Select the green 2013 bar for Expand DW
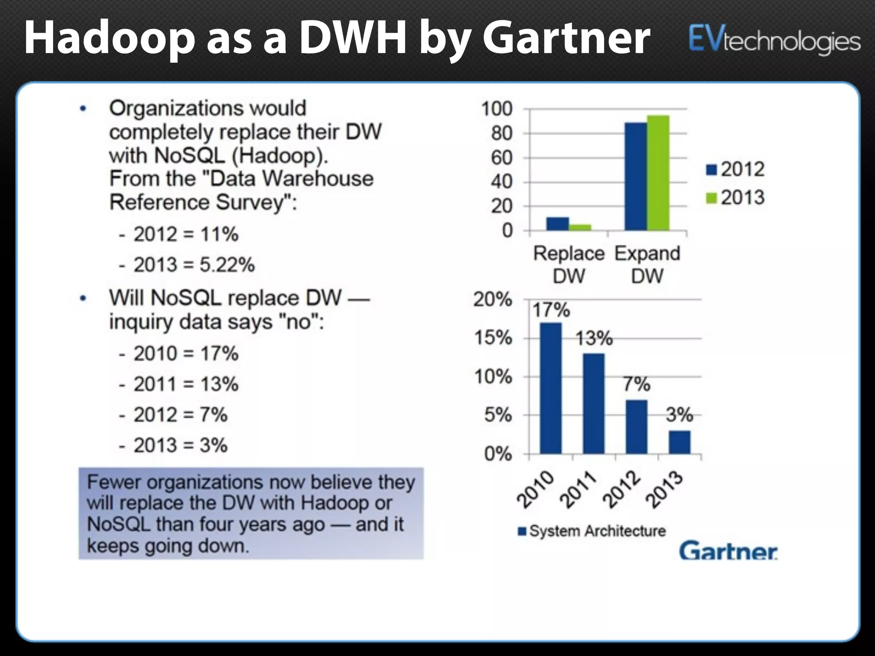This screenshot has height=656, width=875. coord(658,173)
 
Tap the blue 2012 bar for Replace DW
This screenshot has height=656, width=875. coord(558,224)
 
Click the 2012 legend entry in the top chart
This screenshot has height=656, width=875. coord(735,170)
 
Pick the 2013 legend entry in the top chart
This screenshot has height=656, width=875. coord(735,198)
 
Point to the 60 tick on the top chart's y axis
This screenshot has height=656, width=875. coord(502,158)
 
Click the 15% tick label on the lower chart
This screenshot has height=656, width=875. coord(493,338)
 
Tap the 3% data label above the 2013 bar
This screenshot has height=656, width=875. coord(679,415)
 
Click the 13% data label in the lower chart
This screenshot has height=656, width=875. coord(594,339)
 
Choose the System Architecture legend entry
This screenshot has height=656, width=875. coord(592,531)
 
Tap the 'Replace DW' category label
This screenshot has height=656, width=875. coord(569,264)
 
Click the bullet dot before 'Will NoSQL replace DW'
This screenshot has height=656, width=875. coord(84,298)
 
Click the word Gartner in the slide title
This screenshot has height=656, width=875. coord(566,38)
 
